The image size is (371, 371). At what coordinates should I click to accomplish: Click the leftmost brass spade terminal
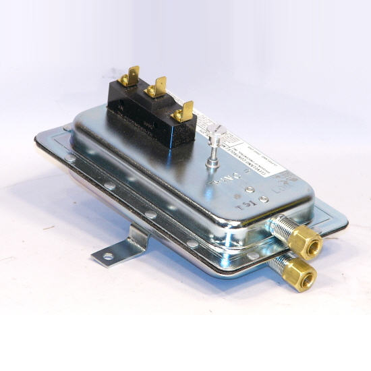point(130,75)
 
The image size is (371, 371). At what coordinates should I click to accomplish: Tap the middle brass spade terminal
point(157,86)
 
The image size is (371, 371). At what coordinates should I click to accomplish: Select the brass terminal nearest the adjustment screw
point(183,111)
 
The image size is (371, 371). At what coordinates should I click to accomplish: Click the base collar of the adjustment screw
point(212,161)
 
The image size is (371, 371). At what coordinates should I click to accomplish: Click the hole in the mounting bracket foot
point(107,256)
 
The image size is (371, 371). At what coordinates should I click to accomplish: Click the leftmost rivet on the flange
point(70,158)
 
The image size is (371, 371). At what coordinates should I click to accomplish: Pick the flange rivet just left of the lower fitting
point(252,256)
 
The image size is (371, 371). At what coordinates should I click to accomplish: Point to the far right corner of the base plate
point(347,222)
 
